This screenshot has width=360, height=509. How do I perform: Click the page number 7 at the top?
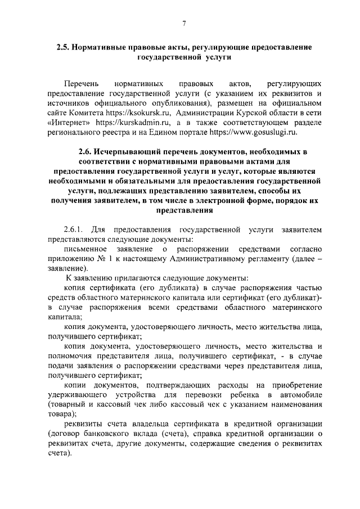[184, 23]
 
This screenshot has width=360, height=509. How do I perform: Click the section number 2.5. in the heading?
[65, 48]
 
